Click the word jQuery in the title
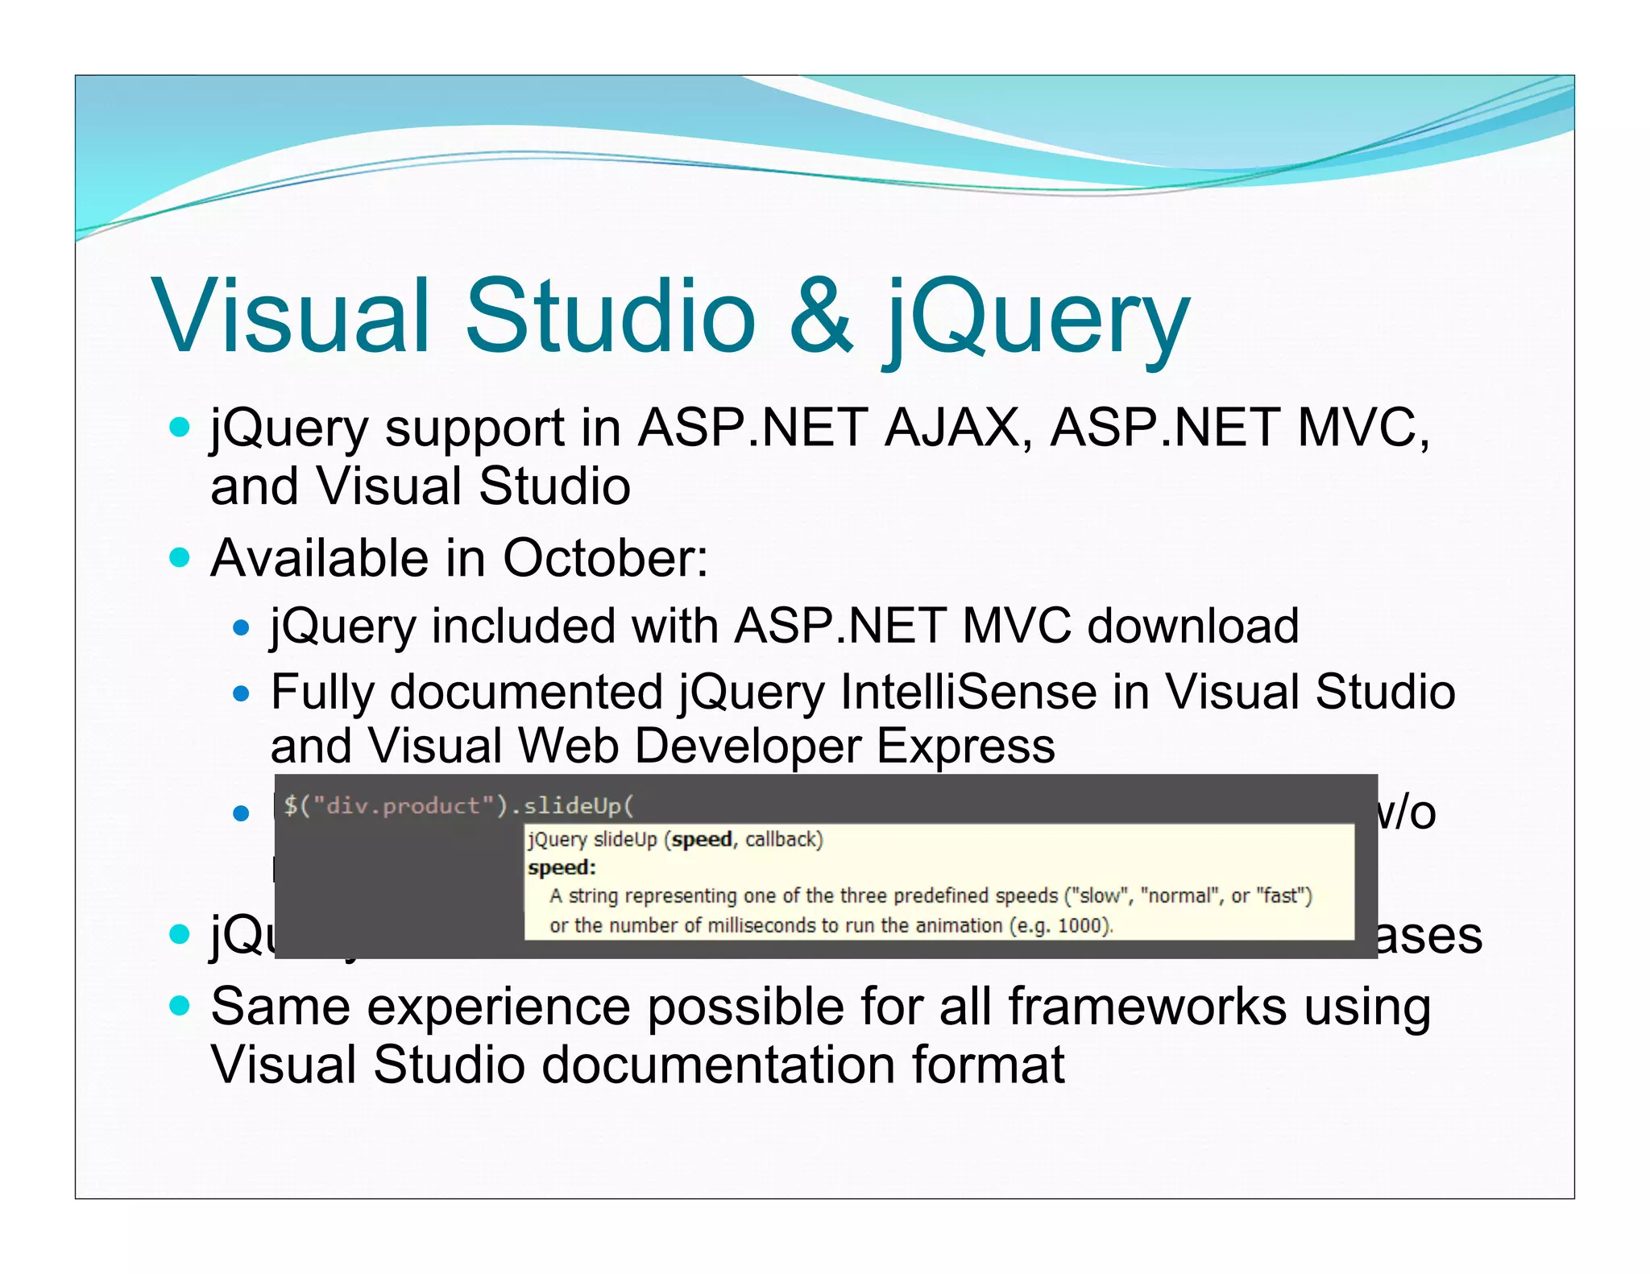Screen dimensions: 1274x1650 [x=1036, y=316]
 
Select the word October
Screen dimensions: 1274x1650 [x=603, y=558]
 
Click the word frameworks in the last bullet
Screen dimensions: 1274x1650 [x=1147, y=1007]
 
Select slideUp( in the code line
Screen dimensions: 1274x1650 [x=578, y=805]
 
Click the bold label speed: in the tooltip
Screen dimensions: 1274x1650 [x=562, y=867]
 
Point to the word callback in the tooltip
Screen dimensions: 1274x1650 [x=783, y=840]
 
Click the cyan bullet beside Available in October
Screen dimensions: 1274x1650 [x=180, y=557]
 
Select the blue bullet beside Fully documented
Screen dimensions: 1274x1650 [x=241, y=693]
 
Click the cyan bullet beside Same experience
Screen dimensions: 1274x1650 [x=180, y=1006]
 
